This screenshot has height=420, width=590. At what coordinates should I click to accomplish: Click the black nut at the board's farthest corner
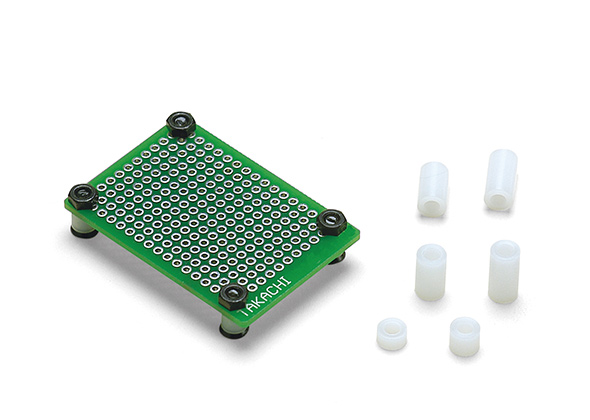[181, 124]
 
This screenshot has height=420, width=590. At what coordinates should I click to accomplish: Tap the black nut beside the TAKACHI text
[233, 297]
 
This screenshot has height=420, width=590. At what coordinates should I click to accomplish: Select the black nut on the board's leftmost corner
[83, 196]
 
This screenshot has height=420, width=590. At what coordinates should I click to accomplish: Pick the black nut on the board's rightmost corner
[331, 222]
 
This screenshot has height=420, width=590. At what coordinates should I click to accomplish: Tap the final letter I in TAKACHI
[288, 280]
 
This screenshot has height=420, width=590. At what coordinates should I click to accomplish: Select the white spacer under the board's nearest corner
[232, 323]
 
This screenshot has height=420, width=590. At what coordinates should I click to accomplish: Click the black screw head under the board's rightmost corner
[338, 259]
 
